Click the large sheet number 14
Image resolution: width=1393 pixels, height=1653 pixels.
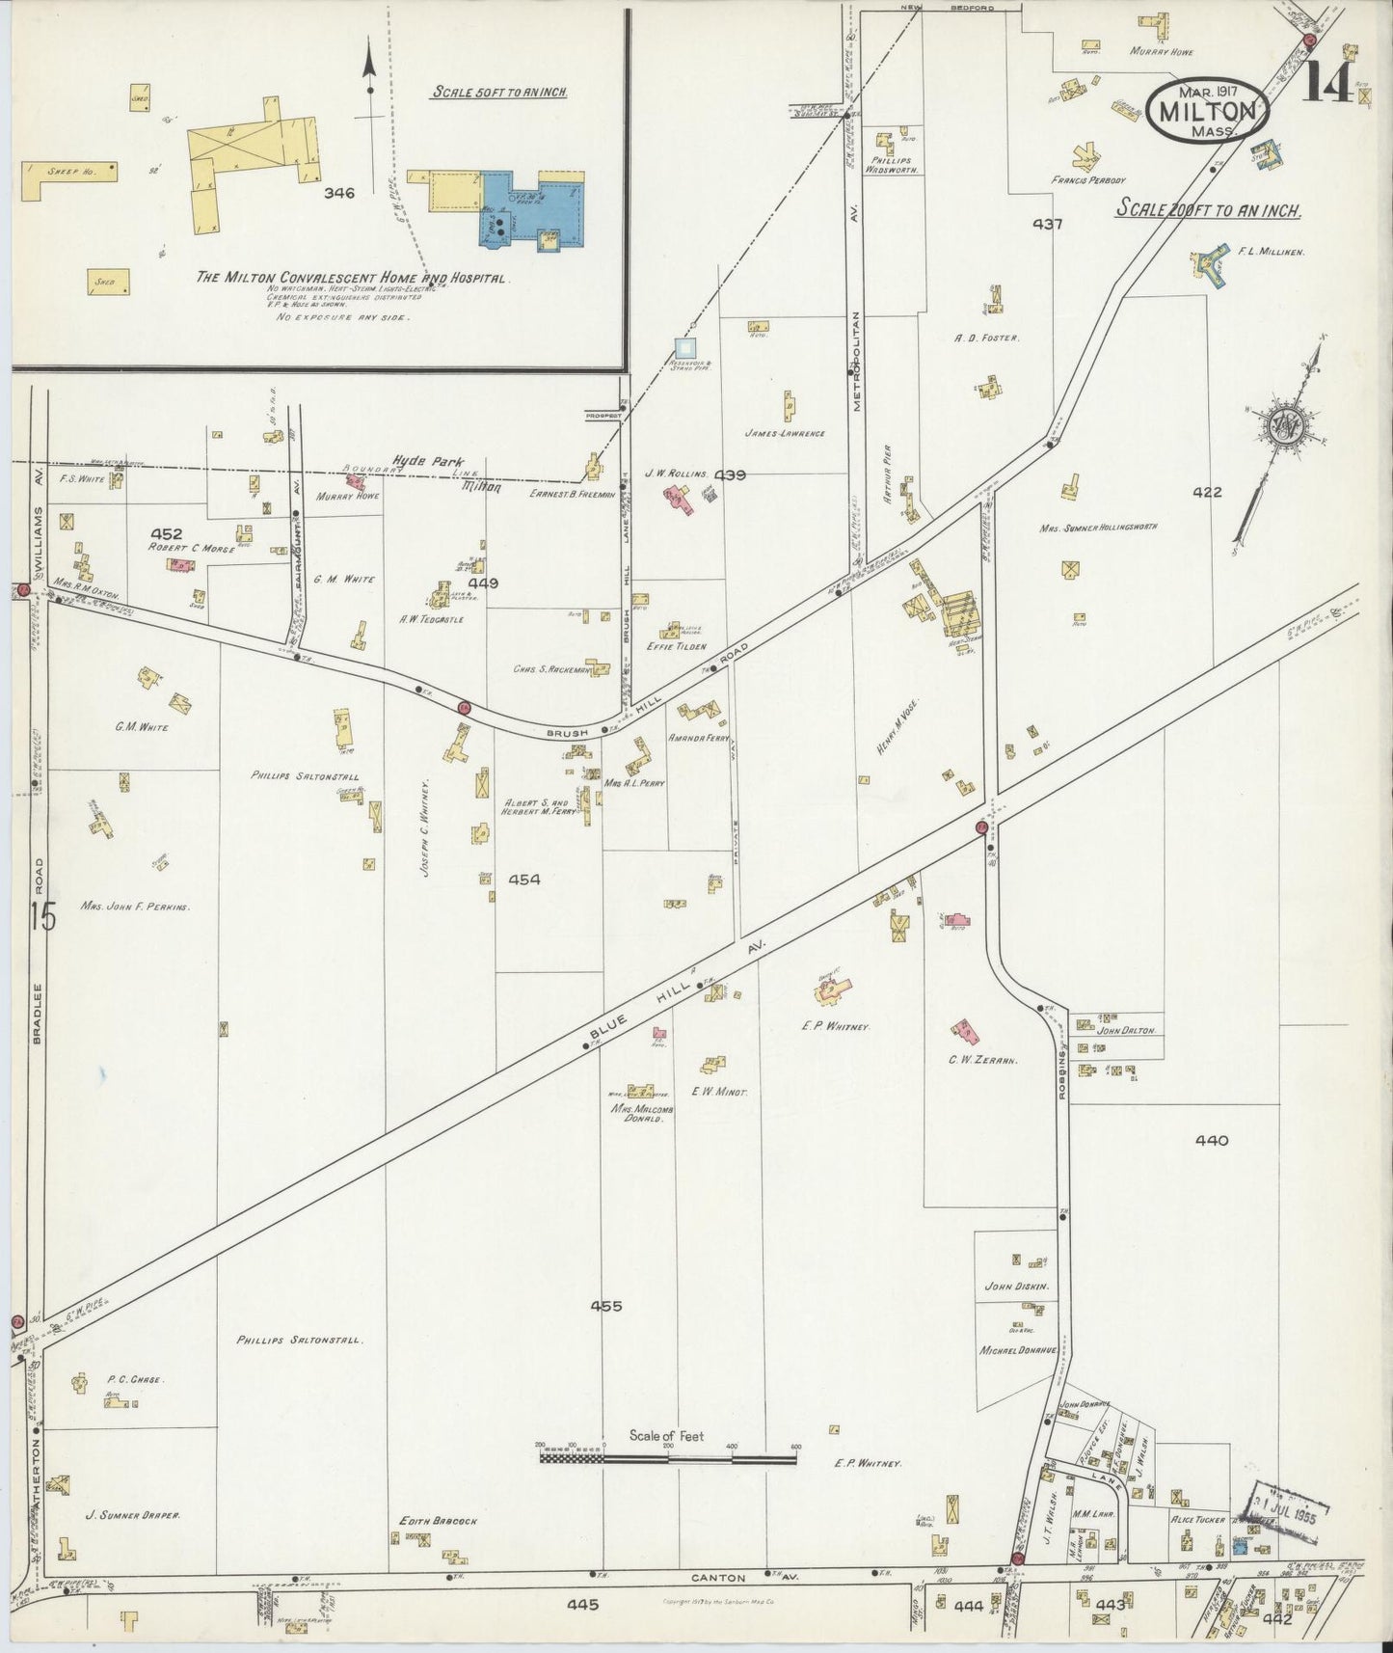pos(1331,85)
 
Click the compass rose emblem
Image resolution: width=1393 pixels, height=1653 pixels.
pos(1285,423)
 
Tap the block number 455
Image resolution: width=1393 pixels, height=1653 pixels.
pos(606,1306)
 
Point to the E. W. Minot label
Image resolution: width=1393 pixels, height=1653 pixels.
pos(719,1092)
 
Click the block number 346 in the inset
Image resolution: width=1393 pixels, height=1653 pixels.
pos(339,193)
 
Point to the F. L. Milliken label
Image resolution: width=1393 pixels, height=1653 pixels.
pos(1271,252)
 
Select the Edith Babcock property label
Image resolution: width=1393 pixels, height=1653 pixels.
pos(438,1521)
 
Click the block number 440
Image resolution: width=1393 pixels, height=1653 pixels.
pos(1211,1140)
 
